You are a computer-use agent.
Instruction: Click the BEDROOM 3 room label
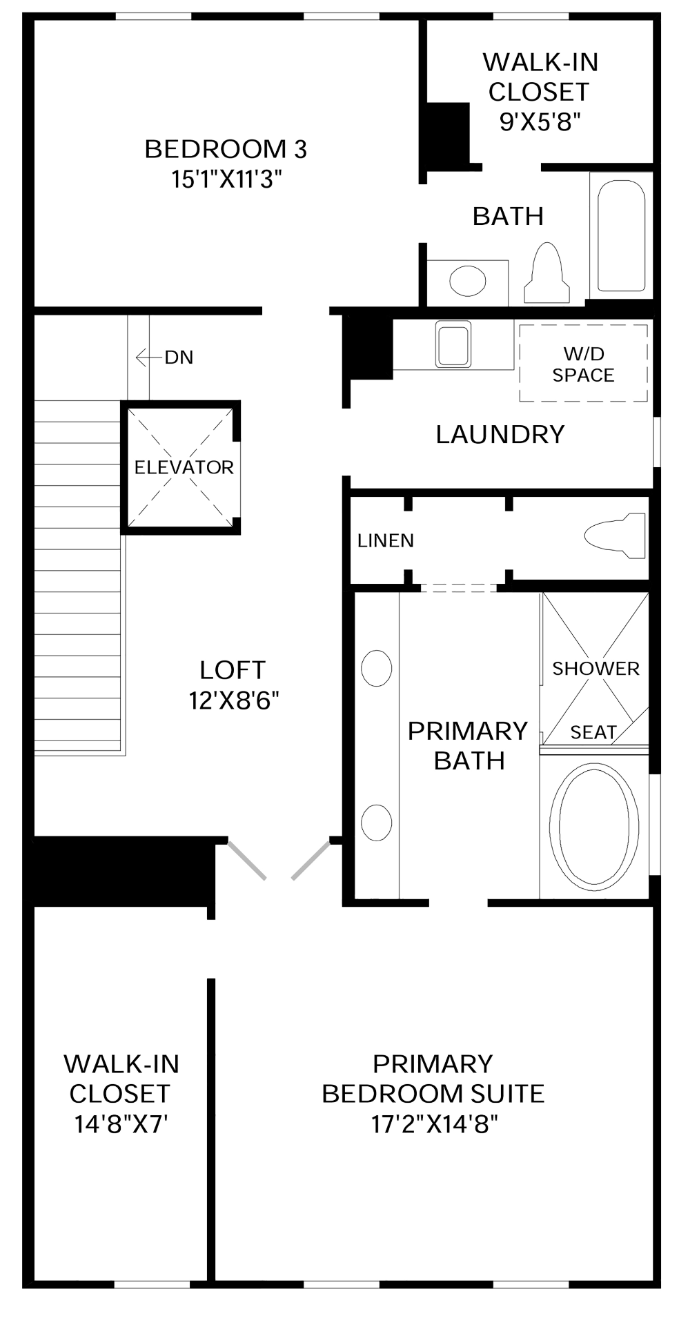pyautogui.click(x=226, y=149)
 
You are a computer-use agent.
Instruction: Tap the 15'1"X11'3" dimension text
pyautogui.click(x=227, y=179)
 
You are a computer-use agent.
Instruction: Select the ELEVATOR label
pyautogui.click(x=184, y=467)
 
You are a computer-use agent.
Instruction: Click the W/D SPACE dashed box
pyautogui.click(x=583, y=363)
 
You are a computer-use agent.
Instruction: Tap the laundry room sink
pyautogui.click(x=453, y=344)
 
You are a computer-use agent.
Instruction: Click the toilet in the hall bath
pyautogui.click(x=547, y=273)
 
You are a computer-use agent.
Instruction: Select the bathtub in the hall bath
pyautogui.click(x=621, y=235)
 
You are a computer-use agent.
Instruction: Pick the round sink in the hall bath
pyautogui.click(x=467, y=281)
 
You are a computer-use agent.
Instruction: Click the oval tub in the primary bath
pyautogui.click(x=594, y=824)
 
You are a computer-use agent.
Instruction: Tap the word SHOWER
pyautogui.click(x=596, y=668)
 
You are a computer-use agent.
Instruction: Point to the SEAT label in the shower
pyautogui.click(x=593, y=732)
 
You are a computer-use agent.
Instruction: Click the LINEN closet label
pyautogui.click(x=386, y=540)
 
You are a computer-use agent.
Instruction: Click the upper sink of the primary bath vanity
pyautogui.click(x=377, y=668)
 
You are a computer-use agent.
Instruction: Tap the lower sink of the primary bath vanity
pyautogui.click(x=377, y=823)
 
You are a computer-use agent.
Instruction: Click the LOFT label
pyautogui.click(x=233, y=670)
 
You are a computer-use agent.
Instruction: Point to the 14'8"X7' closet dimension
pyautogui.click(x=121, y=1124)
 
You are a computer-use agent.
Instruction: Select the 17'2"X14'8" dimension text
pyautogui.click(x=434, y=1124)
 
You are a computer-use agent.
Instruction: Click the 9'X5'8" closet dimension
pyautogui.click(x=540, y=121)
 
